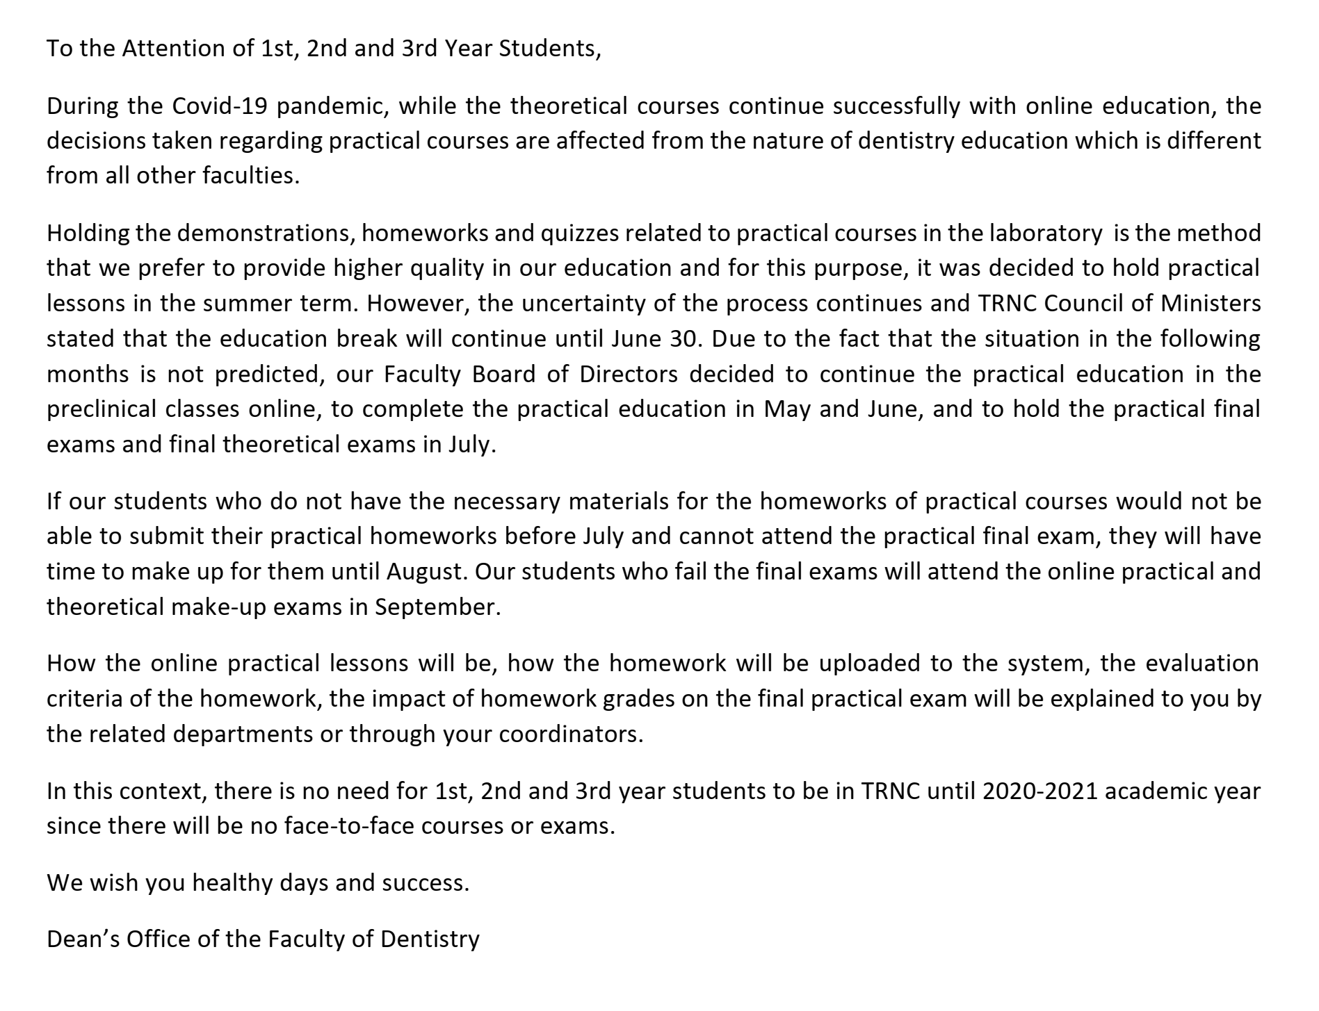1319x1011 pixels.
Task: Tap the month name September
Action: tap(436, 607)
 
